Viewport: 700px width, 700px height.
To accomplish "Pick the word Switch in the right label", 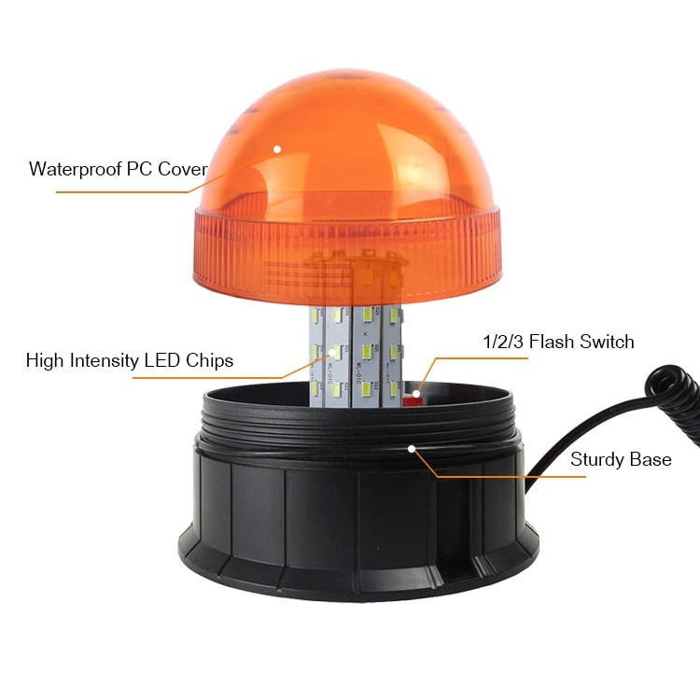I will tap(607, 342).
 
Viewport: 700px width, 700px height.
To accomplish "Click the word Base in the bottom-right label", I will tap(651, 459).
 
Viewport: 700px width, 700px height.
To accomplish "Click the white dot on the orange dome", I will tap(277, 148).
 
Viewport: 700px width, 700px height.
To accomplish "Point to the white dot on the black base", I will tap(411, 448).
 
